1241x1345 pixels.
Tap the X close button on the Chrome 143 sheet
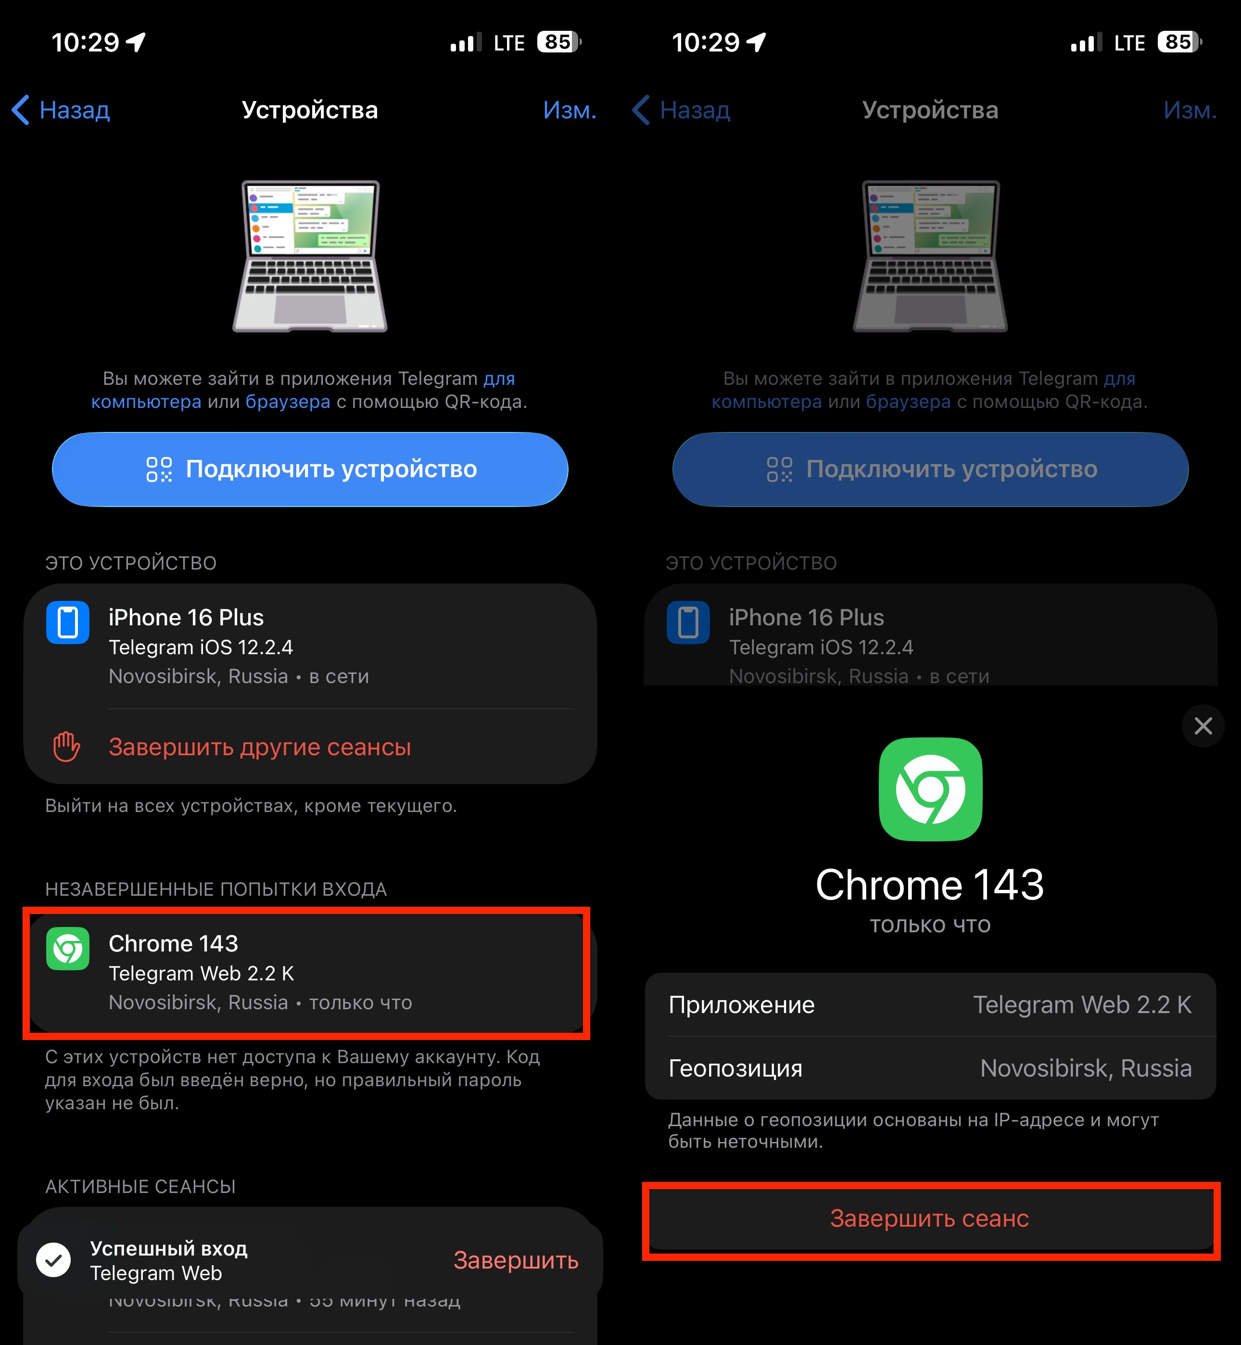click(x=1203, y=725)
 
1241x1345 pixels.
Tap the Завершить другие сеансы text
click(x=259, y=747)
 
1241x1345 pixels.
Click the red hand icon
click(x=66, y=747)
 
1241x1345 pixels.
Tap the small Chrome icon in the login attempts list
click(x=68, y=949)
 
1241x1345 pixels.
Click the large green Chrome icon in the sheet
click(x=930, y=789)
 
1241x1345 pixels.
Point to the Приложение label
click(x=741, y=1004)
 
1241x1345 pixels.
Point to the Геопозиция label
click(x=735, y=1067)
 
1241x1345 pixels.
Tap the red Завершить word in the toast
click(x=516, y=1260)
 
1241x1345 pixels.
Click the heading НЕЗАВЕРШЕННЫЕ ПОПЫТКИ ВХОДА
click(x=215, y=889)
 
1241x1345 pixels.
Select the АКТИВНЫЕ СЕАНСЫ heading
click(x=140, y=1187)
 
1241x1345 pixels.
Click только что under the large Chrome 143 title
click(x=930, y=925)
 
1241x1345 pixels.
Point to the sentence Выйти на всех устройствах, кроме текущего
click(x=251, y=805)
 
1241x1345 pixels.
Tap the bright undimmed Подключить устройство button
click(x=310, y=469)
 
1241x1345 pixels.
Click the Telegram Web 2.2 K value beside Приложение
click(x=1082, y=1004)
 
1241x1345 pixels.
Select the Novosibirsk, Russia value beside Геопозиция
click(x=1085, y=1067)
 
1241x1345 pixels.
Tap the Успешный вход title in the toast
click(x=168, y=1248)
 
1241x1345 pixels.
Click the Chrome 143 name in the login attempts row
click(x=173, y=943)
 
